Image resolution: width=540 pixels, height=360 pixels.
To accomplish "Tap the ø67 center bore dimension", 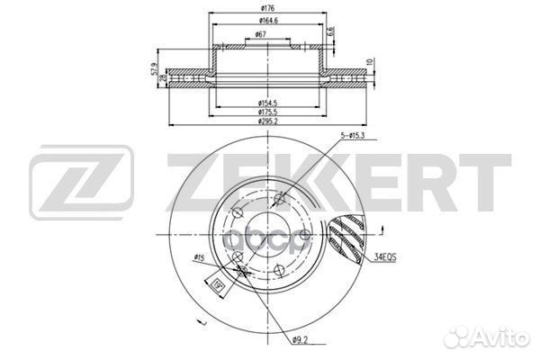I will (x=260, y=35).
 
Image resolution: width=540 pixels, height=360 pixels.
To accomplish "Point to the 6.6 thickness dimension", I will (x=331, y=31).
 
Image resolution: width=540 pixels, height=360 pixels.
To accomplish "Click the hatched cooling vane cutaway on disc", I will (x=346, y=238).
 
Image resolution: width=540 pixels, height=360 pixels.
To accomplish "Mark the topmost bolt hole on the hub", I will (x=280, y=199).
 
